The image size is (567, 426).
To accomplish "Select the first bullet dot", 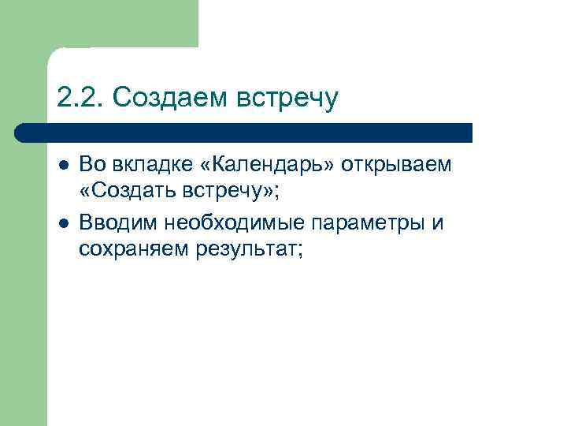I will click(x=63, y=166).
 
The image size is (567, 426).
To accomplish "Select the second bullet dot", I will click(x=63, y=223).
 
